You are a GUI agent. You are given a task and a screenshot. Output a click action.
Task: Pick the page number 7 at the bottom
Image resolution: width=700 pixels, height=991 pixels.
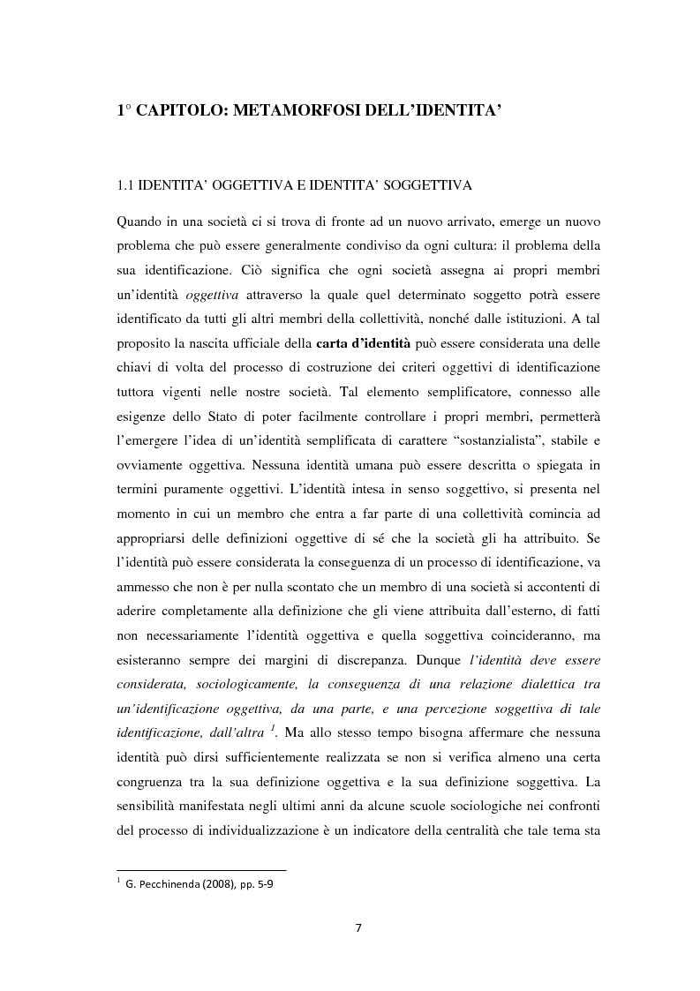pos(358,927)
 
